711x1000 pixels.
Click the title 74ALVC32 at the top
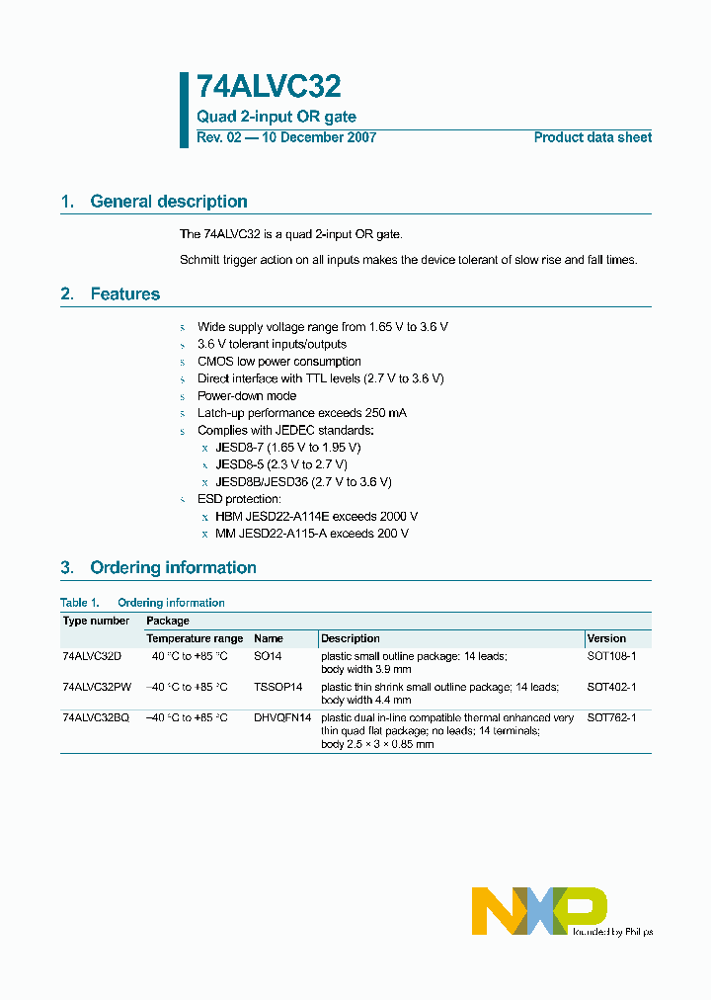(269, 88)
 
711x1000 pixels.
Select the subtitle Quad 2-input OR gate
(276, 117)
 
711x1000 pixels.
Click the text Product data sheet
(592, 137)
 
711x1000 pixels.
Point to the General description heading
(168, 202)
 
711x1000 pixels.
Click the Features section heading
(124, 294)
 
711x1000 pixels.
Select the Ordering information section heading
(173, 568)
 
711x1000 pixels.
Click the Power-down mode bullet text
(247, 395)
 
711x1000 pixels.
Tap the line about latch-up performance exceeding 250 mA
(301, 413)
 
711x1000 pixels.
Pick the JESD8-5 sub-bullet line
(281, 464)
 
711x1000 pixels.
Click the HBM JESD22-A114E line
(316, 516)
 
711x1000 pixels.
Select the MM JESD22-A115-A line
(311, 534)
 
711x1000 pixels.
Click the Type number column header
(96, 621)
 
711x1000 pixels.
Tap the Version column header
(606, 638)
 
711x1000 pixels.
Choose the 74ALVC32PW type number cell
(96, 687)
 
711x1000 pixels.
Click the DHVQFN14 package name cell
(282, 718)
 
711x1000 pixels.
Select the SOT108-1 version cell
(611, 655)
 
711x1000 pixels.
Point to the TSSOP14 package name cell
(277, 687)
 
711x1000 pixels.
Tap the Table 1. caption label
(80, 603)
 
